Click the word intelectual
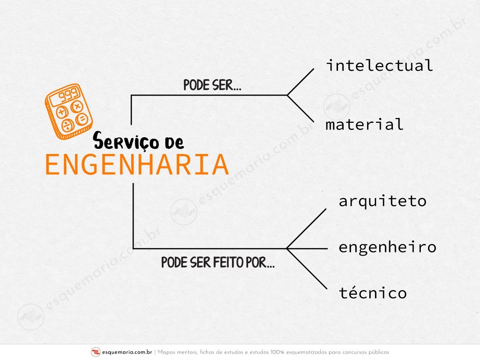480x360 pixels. pyautogui.click(x=379, y=65)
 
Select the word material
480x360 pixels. pyautogui.click(x=364, y=124)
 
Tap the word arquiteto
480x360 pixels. pyautogui.click(x=382, y=202)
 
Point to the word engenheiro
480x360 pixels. pyautogui.click(x=387, y=248)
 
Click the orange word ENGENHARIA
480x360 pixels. pyautogui.click(x=137, y=164)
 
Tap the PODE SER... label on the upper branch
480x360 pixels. pyautogui.click(x=212, y=85)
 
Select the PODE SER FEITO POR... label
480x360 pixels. pyautogui.click(x=218, y=262)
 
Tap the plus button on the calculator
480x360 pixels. pyautogui.click(x=62, y=112)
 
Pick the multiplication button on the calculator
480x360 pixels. pyautogui.click(x=77, y=107)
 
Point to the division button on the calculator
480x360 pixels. pyautogui.click(x=67, y=126)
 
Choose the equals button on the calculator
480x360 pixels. pyautogui.click(x=82, y=120)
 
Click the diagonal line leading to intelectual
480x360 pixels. pyautogui.click(x=300, y=82)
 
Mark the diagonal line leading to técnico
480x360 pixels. pyautogui.click(x=307, y=269)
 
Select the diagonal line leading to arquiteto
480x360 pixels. pyautogui.click(x=306, y=229)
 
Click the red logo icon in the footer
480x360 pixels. pyautogui.click(x=96, y=352)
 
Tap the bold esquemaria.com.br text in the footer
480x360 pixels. pyautogui.click(x=127, y=352)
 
